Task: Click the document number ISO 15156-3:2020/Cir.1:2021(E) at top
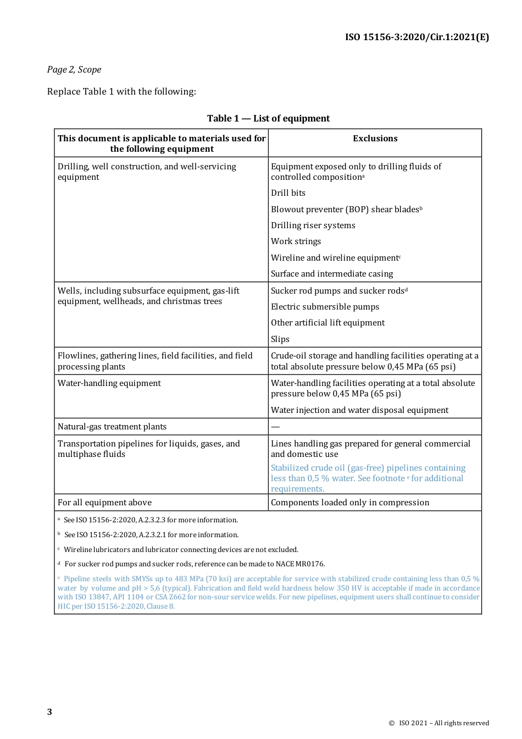[417, 37]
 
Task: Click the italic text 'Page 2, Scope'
[74, 70]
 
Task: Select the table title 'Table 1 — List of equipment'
[268, 119]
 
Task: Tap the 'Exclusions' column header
[375, 139]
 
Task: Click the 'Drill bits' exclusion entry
[288, 193]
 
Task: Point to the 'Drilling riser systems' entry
[313, 225]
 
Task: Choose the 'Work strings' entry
[296, 241]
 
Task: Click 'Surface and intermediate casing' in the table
[332, 274]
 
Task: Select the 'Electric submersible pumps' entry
[325, 307]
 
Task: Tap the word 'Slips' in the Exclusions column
[280, 339]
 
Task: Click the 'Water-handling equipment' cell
[109, 383]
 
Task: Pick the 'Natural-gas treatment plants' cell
[112, 427]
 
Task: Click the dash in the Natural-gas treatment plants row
[275, 427]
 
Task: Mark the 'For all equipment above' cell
[104, 503]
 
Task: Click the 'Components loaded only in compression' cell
[350, 503]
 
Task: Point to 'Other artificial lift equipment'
[327, 323]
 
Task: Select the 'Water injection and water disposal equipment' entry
[359, 410]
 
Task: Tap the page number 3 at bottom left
[49, 712]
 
